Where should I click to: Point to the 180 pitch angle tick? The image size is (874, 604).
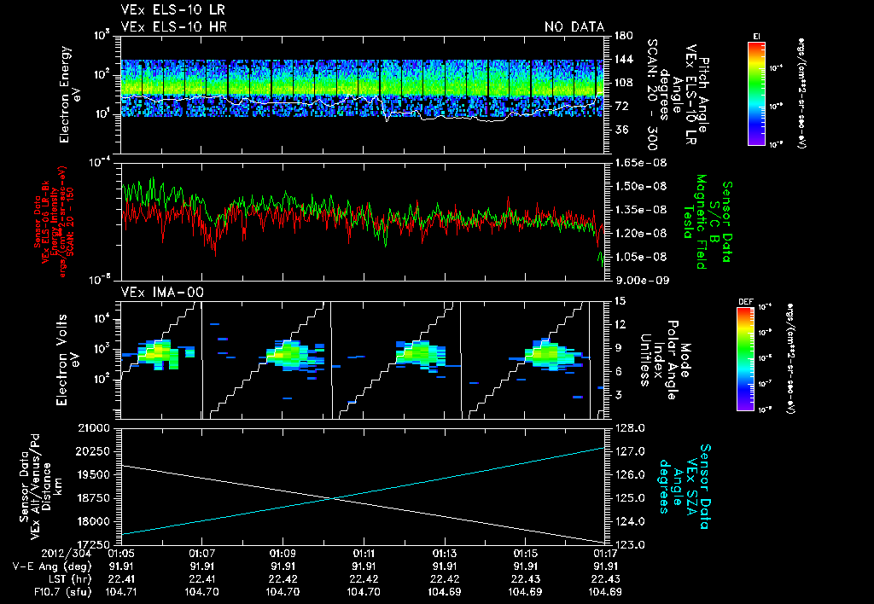(621, 35)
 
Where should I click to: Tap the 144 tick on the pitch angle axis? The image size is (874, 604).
(621, 59)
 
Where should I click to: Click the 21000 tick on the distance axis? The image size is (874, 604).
(98, 427)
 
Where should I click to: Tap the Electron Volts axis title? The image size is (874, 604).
(69, 358)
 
